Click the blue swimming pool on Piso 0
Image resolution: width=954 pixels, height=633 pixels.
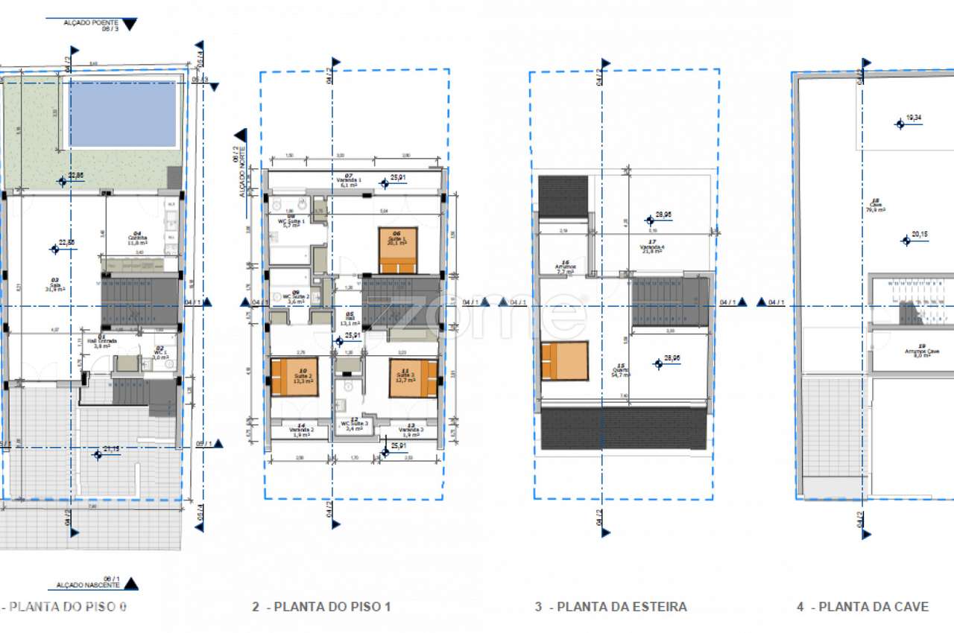tap(123, 114)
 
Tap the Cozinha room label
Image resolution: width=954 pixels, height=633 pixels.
tap(136, 238)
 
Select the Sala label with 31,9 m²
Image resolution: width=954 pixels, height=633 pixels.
tap(55, 286)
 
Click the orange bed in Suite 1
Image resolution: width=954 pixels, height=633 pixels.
tap(398, 250)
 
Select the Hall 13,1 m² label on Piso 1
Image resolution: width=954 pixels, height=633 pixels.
tap(350, 320)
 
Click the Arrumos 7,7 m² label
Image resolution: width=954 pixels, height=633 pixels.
tap(565, 268)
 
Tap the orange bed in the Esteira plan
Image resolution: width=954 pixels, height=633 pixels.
tap(564, 360)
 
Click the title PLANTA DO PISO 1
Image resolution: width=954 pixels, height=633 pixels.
tap(321, 607)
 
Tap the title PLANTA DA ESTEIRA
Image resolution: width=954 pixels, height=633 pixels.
tap(610, 607)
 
